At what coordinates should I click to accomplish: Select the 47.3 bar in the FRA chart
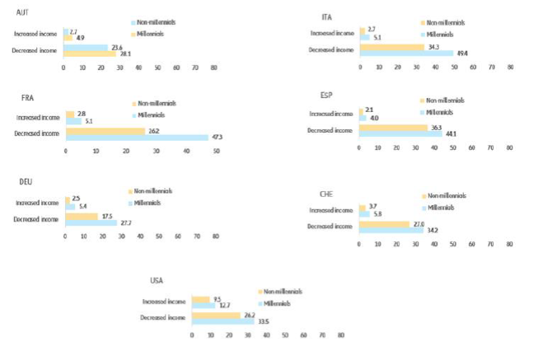coord(137,137)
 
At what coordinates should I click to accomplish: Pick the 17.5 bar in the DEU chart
coord(82,217)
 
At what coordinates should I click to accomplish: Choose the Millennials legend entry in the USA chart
coord(279,304)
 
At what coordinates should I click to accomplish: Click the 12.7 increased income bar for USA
coord(203,305)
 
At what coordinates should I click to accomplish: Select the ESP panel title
coord(325,95)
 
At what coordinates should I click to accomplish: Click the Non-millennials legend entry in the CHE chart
coord(445,196)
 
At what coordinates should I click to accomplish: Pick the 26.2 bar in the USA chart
coord(216,315)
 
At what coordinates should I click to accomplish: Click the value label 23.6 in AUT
coord(119,47)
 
